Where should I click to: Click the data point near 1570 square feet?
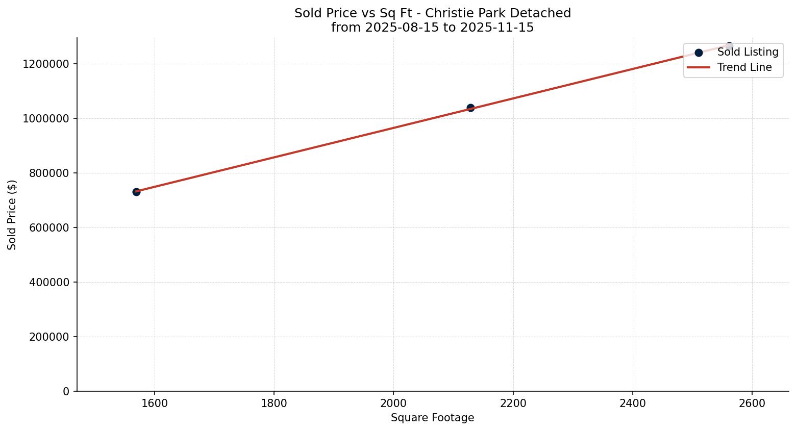136,192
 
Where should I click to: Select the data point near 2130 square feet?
470,108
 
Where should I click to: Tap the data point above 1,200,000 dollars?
729,46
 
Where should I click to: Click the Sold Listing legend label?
748,52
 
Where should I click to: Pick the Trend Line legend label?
744,67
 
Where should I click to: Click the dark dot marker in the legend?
699,53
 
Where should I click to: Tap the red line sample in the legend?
699,67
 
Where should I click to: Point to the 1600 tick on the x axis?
155,403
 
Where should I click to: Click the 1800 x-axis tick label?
274,403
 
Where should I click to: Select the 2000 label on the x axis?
393,403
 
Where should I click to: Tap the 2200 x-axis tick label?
513,403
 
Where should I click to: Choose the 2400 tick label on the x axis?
632,403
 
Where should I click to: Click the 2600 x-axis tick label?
752,403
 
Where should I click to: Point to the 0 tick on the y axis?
66,391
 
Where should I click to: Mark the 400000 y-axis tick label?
46,282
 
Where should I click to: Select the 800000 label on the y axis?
46,173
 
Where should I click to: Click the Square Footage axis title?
432,418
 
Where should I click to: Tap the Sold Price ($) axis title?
12,215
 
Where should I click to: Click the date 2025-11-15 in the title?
496,28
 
